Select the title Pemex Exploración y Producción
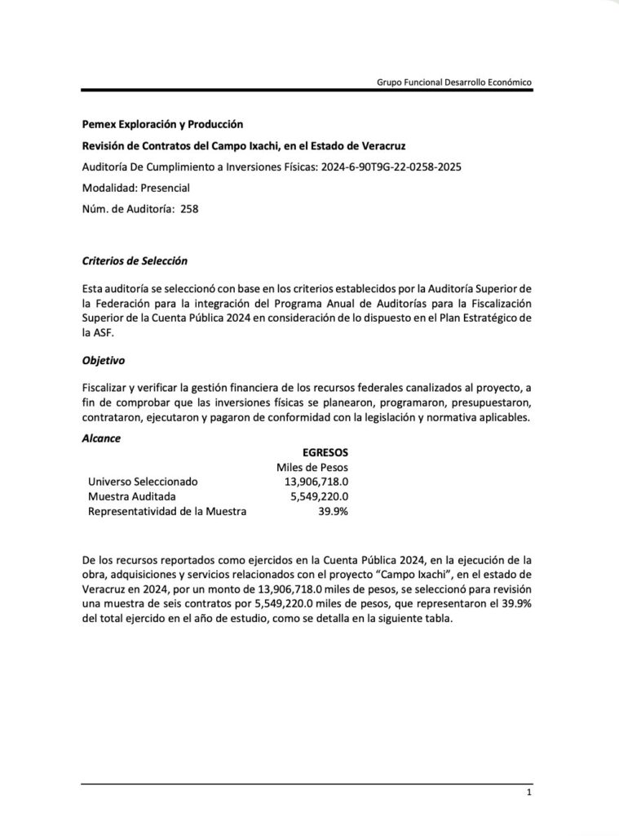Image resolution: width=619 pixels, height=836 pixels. pos(163,125)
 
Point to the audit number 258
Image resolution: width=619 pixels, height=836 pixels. pos(189,208)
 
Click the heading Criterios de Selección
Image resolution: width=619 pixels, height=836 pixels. pos(135,261)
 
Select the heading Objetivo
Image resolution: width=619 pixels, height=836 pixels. pos(104,359)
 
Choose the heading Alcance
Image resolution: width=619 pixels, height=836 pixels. pos(101,438)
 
